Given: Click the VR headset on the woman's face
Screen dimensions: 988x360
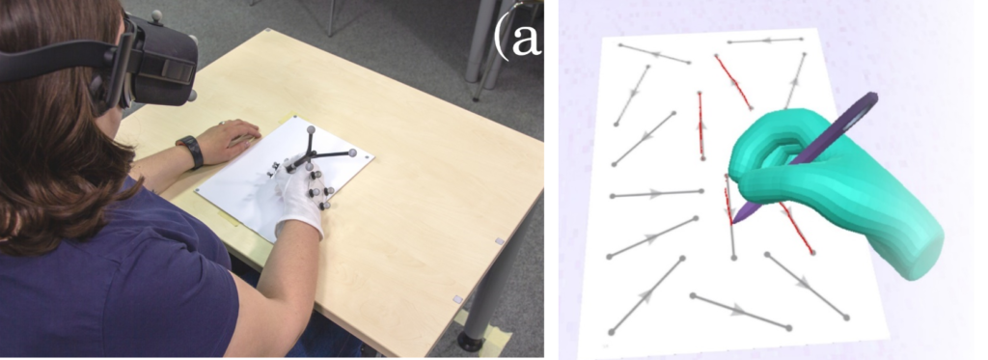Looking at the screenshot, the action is pos(151,63).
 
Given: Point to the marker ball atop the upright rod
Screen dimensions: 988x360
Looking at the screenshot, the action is pos(310,129).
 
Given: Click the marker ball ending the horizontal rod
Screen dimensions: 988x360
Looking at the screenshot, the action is pos(353,152).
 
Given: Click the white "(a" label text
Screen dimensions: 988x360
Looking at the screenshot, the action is pos(518,38).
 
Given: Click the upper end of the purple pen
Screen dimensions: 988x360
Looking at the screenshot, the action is pos(871,97).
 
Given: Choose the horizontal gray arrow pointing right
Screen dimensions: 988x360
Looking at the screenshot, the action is pos(656,193).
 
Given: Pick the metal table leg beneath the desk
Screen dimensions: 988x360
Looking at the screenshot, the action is pos(482,296).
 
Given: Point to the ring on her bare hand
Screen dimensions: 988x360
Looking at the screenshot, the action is pos(222,123).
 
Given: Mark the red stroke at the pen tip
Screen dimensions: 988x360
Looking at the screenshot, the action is pos(728,205).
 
